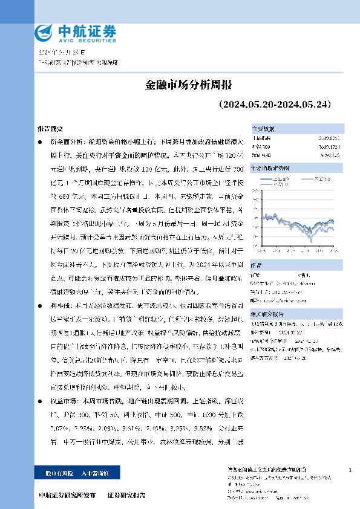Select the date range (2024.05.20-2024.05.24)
275,105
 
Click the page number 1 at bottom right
350,470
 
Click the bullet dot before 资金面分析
41,141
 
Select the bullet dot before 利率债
41,305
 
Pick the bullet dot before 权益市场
41,400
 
